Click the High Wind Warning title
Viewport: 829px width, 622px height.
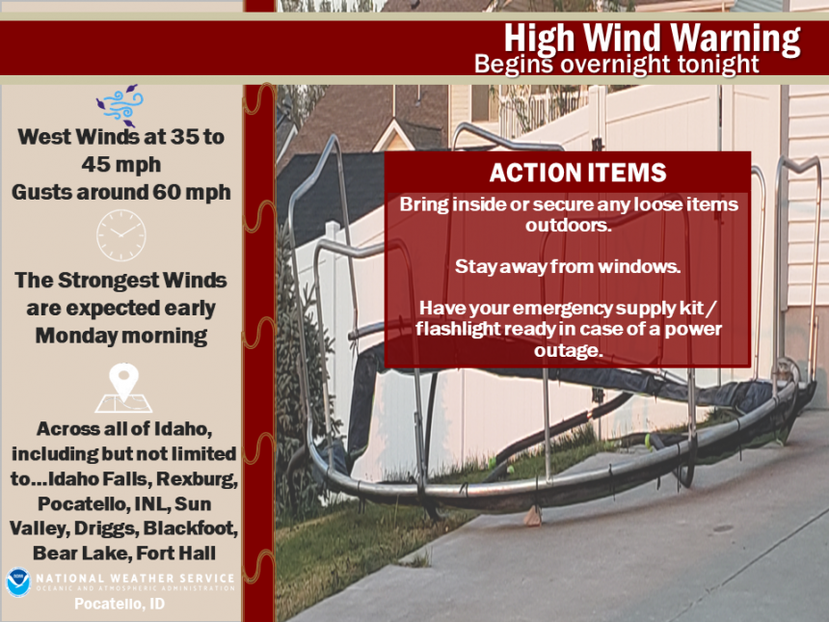click(x=652, y=38)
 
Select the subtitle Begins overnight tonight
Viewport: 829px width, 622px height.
click(x=617, y=65)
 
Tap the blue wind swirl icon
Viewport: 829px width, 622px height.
click(x=120, y=105)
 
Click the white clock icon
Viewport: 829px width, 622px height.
click(x=121, y=235)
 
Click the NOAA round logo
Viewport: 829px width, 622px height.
click(x=18, y=582)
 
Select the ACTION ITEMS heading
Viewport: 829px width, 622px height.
click(x=577, y=173)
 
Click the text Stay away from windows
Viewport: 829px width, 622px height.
click(x=568, y=266)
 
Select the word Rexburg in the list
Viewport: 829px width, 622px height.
click(x=197, y=478)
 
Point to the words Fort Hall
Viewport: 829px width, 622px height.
click(x=176, y=554)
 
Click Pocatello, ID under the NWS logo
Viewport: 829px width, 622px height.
click(x=120, y=604)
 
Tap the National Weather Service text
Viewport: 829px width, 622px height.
click(x=135, y=579)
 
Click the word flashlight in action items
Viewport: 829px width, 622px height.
click(x=458, y=329)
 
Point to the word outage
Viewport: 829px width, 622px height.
click(x=568, y=350)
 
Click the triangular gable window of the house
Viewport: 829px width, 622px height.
click(x=392, y=140)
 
